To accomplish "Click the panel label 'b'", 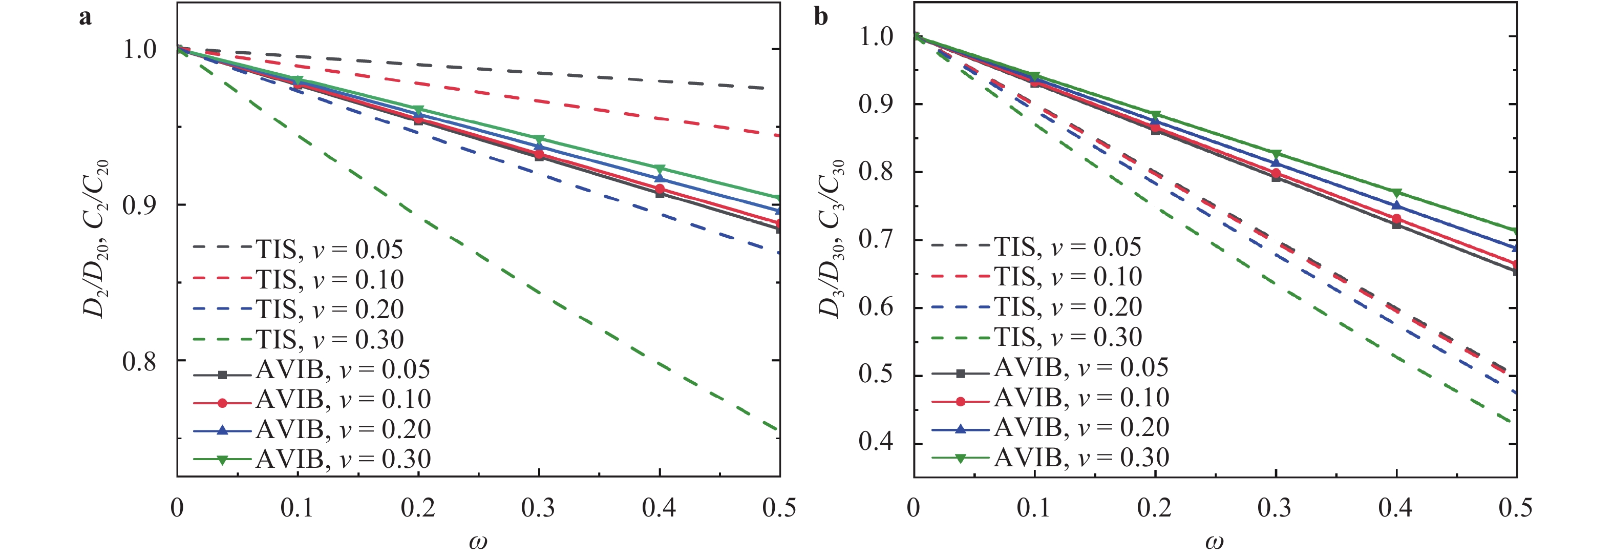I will pyautogui.click(x=821, y=17).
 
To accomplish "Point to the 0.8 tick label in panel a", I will pyautogui.click(x=139, y=361).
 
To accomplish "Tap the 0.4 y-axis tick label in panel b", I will pyautogui.click(x=876, y=442).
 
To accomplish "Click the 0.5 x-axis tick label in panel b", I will pyautogui.click(x=1515, y=508).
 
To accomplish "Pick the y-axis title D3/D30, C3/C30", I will pyautogui.click(x=832, y=238).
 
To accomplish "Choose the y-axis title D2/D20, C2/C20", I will pyautogui.click(x=96, y=238).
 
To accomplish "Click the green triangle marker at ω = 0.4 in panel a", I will pyautogui.click(x=660, y=169).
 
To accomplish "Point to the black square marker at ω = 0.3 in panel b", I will pyautogui.click(x=1276, y=177).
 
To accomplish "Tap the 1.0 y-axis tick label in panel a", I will pyautogui.click(x=139, y=50).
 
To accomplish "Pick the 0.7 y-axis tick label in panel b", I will pyautogui.click(x=876, y=239).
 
